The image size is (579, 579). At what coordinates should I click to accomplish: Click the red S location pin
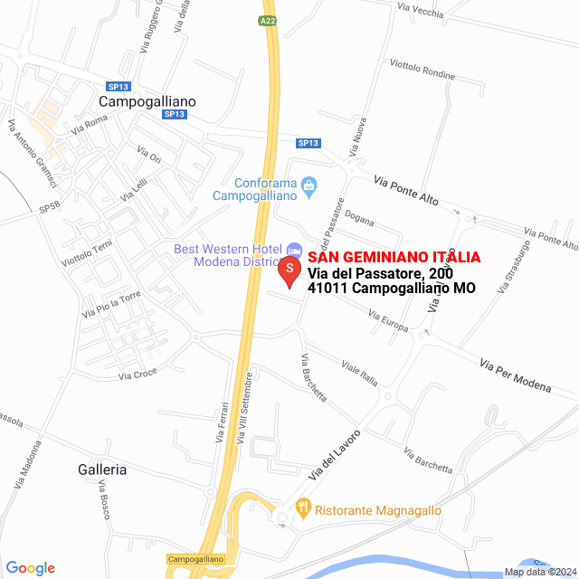pos(289,271)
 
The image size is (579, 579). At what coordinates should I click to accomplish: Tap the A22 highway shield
pos(266,21)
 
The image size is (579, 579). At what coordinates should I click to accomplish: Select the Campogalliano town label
pos(147,101)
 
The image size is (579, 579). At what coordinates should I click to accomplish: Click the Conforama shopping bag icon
pos(309,186)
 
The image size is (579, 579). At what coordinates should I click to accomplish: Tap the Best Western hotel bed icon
pos(294,249)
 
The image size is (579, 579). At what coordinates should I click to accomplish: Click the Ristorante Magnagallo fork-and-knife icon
pos(303,509)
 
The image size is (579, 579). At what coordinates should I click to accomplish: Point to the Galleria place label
pos(102,470)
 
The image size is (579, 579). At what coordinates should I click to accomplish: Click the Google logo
pos(30,568)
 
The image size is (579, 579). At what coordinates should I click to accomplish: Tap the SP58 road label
pos(50,207)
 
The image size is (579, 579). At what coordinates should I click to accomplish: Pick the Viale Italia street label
pos(359,373)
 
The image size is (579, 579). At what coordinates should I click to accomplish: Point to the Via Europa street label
pos(388,319)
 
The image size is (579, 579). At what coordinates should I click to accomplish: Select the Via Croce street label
pos(138,373)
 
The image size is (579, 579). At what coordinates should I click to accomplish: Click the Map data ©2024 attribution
pos(539,571)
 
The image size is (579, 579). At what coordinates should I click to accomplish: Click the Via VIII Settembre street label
pos(244,408)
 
